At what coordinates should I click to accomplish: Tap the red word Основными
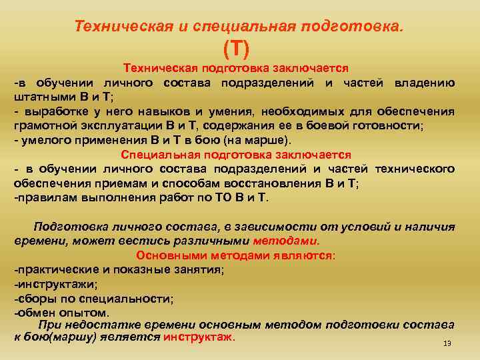pyautogui.click(x=167, y=255)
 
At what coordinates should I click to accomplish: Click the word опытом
pyautogui.click(x=81, y=311)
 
